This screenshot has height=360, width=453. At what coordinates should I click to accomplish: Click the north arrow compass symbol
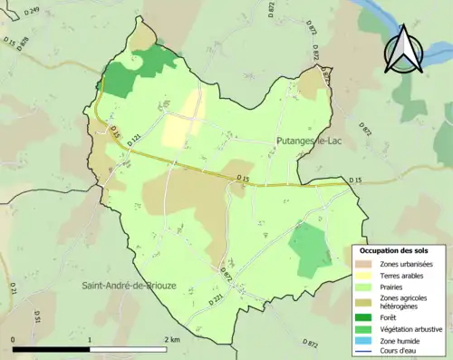tap(405, 51)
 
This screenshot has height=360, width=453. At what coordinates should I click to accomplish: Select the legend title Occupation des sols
tap(393, 250)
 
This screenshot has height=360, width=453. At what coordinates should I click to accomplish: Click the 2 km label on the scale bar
tap(171, 338)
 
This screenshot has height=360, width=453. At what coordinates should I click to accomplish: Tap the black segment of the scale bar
tap(51, 348)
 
